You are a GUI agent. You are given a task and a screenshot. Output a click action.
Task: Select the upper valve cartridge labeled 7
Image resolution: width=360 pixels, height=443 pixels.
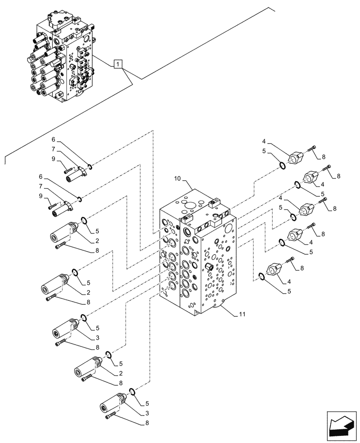76,173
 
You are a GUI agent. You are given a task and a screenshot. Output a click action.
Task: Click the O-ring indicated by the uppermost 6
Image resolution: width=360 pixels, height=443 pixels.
89,167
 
